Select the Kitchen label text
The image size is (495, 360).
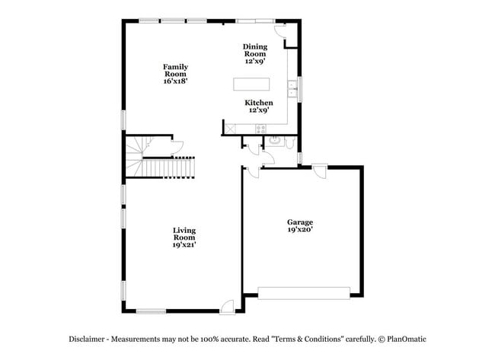258,102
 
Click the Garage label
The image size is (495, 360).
300,222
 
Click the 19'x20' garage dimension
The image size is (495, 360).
300,229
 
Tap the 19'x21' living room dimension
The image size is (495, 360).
184,244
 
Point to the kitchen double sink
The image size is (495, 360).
291,89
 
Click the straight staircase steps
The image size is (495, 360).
171,166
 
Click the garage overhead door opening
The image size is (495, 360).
304,292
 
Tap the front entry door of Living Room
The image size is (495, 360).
226,306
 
